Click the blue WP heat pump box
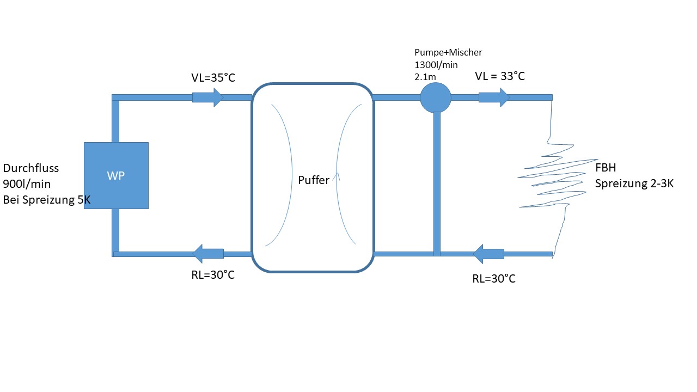(x=116, y=175)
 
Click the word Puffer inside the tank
(x=314, y=180)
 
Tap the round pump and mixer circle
(x=436, y=97)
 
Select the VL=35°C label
(x=213, y=78)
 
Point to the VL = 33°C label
(x=500, y=76)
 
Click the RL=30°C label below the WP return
(x=213, y=275)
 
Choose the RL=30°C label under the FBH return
(x=494, y=279)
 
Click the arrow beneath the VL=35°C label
(x=208, y=97)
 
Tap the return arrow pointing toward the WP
(x=209, y=254)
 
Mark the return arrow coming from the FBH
(x=488, y=254)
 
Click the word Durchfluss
(x=30, y=168)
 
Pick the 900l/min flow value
(x=27, y=184)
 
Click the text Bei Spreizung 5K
(x=47, y=200)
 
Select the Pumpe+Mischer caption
(x=449, y=53)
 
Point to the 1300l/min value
(x=436, y=65)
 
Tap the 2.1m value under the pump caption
(x=425, y=76)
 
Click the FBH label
(x=606, y=168)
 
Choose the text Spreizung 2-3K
(x=634, y=184)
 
